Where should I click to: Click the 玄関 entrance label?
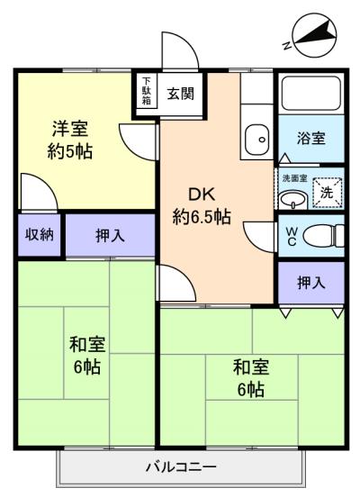[x=180, y=94]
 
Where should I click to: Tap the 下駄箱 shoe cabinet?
[x=146, y=91]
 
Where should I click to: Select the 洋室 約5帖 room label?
[x=70, y=140]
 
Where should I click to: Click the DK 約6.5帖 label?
[x=202, y=205]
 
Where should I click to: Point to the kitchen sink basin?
[x=257, y=140]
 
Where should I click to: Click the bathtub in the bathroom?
[x=311, y=92]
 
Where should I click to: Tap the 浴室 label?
[x=310, y=138]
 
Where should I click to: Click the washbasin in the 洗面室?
[x=293, y=200]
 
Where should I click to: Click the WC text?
[x=292, y=237]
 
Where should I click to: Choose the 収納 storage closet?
[x=40, y=235]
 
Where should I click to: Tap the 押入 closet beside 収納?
[x=110, y=236]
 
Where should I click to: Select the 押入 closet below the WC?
[x=311, y=283]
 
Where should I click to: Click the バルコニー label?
[x=181, y=466]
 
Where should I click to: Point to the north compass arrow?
[x=315, y=34]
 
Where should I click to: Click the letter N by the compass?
[x=287, y=46]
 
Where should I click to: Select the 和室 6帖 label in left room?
[x=87, y=356]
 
